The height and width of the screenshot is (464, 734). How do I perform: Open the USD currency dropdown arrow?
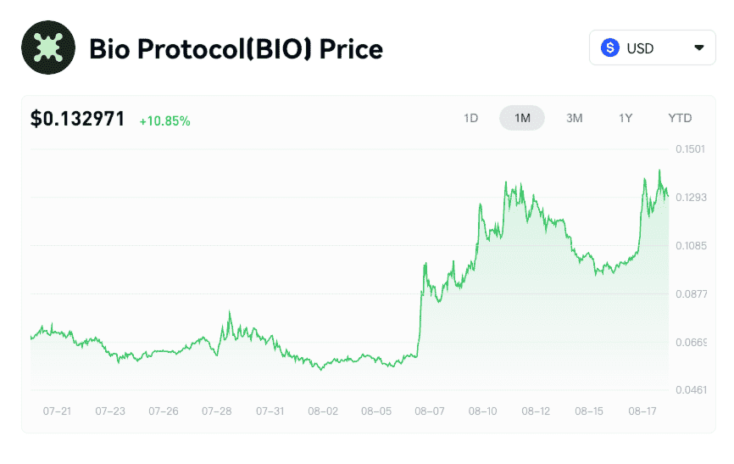point(698,48)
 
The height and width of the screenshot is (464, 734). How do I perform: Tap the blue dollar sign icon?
point(610,48)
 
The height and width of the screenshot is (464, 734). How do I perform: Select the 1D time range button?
point(471,118)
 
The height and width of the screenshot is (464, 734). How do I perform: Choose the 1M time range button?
point(522,118)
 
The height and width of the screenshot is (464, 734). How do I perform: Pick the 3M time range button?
point(574,118)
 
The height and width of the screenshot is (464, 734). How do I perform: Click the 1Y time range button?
point(626,118)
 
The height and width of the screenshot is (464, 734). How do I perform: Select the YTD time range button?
point(680,118)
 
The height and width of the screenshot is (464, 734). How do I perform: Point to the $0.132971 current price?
point(78,119)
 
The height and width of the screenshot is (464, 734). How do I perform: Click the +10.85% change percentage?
point(164,120)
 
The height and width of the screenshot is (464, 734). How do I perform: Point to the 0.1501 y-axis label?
point(690,149)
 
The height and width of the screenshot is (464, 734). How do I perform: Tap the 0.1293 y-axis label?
point(690,198)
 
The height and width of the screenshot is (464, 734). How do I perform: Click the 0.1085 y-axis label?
point(690,246)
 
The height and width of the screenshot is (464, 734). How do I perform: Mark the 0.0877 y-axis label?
point(690,294)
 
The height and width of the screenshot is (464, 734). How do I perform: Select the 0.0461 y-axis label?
point(690,390)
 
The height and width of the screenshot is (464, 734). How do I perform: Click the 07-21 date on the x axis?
point(57,411)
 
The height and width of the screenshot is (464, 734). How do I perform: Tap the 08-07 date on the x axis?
point(430,411)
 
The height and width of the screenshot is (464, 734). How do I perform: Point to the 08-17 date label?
point(642,411)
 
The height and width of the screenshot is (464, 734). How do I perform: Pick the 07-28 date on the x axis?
point(217,411)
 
